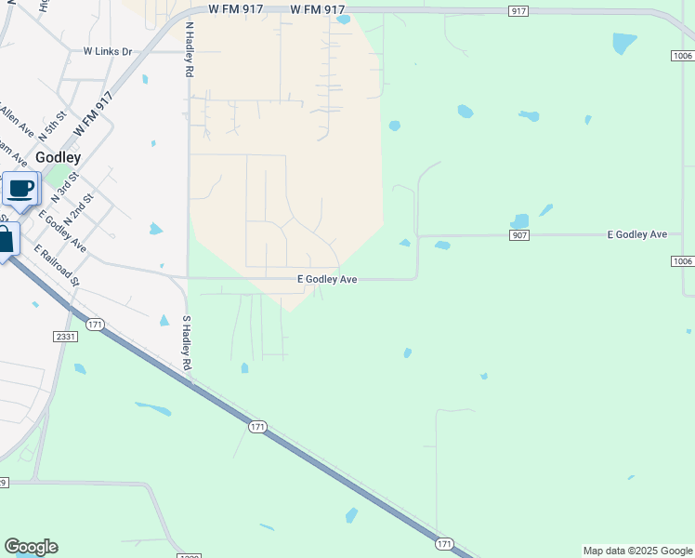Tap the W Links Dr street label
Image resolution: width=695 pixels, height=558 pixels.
coord(108,51)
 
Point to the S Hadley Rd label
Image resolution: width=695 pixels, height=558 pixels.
coord(187,344)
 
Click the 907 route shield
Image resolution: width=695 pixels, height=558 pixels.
coord(519,234)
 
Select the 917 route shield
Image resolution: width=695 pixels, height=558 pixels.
coord(518,10)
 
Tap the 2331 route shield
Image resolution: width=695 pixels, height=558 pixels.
coord(65,337)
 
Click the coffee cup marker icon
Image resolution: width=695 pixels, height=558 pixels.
coord(20,190)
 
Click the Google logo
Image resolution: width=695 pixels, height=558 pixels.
coord(31,547)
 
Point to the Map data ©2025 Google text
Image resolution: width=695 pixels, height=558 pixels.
coord(637,551)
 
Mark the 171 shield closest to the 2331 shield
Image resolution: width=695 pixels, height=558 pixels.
coord(94,325)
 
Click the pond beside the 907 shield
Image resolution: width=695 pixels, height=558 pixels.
coord(519,220)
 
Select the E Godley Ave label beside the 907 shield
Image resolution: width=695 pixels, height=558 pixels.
coord(637,234)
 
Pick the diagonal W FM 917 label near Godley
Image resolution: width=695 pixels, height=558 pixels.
coord(93,113)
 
